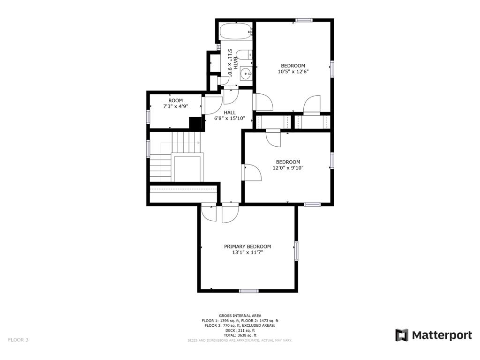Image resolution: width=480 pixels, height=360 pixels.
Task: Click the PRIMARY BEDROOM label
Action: [247, 247]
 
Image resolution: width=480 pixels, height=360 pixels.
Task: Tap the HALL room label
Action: [230, 112]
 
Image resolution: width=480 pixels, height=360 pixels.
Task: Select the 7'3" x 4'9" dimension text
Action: [175, 106]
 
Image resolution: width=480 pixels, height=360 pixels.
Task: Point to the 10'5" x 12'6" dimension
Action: [293, 72]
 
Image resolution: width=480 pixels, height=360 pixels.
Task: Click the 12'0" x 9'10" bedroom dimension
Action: [288, 168]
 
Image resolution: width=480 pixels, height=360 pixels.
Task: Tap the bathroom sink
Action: [246, 73]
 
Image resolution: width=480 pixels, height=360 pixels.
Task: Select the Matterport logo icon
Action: [402, 335]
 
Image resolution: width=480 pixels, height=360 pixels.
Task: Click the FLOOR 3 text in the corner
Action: [18, 340]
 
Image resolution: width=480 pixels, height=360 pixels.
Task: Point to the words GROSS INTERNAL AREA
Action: [240, 315]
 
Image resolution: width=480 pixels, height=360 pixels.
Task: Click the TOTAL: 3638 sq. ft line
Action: [240, 335]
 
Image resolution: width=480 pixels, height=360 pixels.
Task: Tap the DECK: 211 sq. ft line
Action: [240, 330]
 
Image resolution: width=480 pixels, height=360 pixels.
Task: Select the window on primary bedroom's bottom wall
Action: [248, 291]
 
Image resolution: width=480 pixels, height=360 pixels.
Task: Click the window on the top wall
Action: [304, 20]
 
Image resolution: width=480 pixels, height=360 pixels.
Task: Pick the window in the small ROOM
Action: [148, 117]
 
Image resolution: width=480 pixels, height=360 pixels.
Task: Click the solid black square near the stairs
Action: [195, 124]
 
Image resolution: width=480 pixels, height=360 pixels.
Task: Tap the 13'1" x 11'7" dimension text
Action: [247, 253]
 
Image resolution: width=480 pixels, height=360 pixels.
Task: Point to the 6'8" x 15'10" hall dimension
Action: [230, 118]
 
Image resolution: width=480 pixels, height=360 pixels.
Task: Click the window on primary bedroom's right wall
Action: [296, 251]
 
